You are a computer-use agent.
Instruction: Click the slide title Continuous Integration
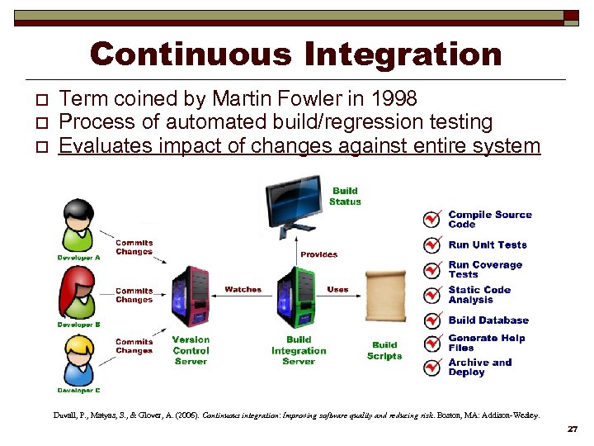pyautogui.click(x=295, y=55)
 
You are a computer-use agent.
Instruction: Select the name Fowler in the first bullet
pyautogui.click(x=310, y=99)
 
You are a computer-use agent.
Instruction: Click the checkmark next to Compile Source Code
pyautogui.click(x=431, y=219)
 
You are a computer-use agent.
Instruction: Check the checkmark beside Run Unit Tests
pyautogui.click(x=431, y=245)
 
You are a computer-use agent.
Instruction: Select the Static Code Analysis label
pyautogui.click(x=479, y=295)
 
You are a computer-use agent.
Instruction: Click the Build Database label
pyautogui.click(x=488, y=320)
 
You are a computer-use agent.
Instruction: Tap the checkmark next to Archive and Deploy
pyautogui.click(x=431, y=368)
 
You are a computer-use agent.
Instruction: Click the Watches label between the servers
pyautogui.click(x=243, y=290)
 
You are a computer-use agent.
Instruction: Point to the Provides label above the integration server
pyautogui.click(x=318, y=254)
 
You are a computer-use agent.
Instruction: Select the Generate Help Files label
pyautogui.click(x=486, y=343)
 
